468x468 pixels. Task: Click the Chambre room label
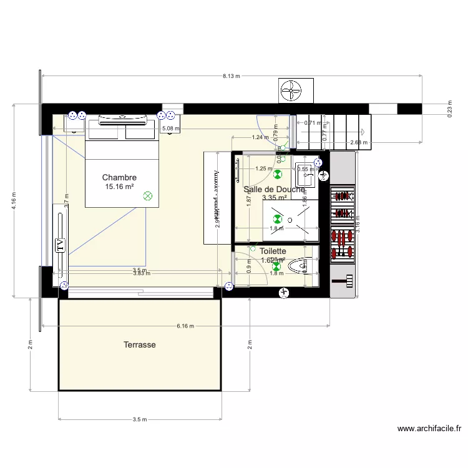click(119, 178)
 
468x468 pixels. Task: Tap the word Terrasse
click(139, 344)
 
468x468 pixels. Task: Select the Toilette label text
click(273, 251)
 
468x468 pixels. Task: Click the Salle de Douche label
click(275, 189)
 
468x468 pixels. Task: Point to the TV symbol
click(61, 244)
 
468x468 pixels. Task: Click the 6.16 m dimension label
click(185, 326)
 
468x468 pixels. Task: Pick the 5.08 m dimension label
click(170, 129)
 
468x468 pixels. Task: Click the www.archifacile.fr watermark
click(429, 429)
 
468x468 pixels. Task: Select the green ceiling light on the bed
click(148, 196)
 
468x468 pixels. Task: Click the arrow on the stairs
click(363, 132)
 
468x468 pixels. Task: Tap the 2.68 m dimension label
click(359, 142)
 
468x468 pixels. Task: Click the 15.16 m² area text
click(119, 187)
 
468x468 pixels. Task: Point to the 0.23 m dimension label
click(449, 107)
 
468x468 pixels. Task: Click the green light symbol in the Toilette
click(276, 266)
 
